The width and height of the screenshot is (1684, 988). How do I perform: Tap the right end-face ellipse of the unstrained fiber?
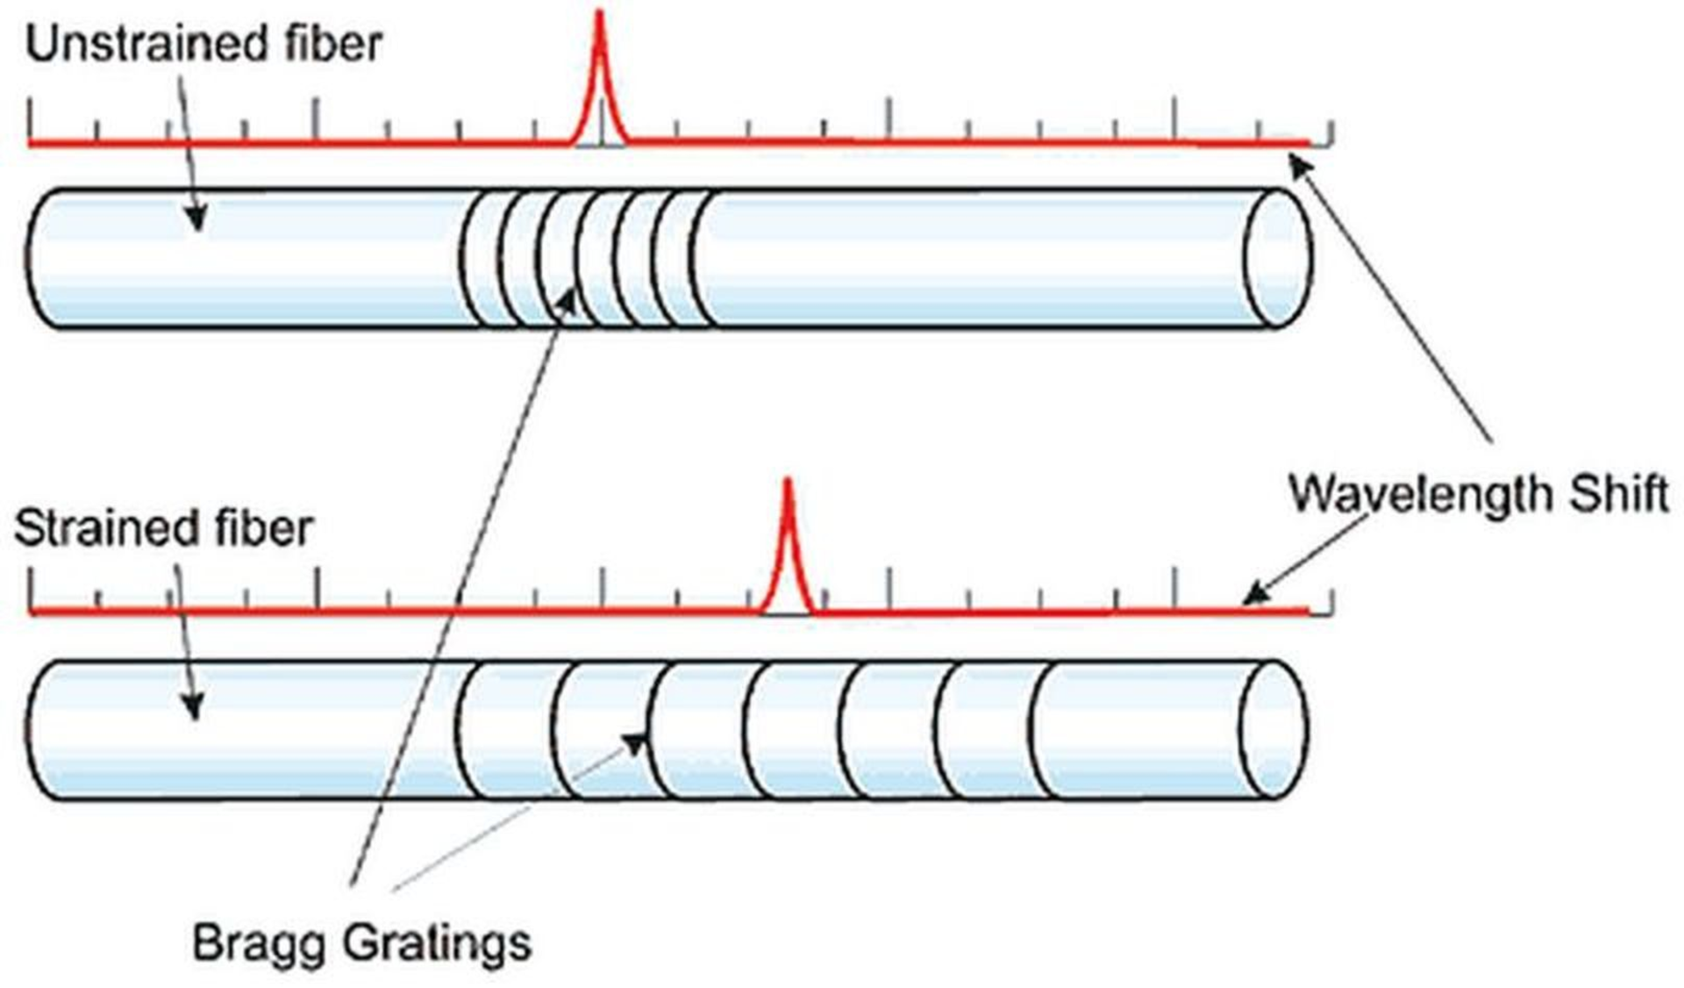(1279, 258)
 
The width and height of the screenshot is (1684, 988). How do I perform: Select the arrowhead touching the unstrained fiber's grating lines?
(568, 303)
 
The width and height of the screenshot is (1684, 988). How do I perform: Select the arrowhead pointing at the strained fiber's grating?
(634, 742)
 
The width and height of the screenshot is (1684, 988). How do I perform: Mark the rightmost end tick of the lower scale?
(1331, 601)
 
